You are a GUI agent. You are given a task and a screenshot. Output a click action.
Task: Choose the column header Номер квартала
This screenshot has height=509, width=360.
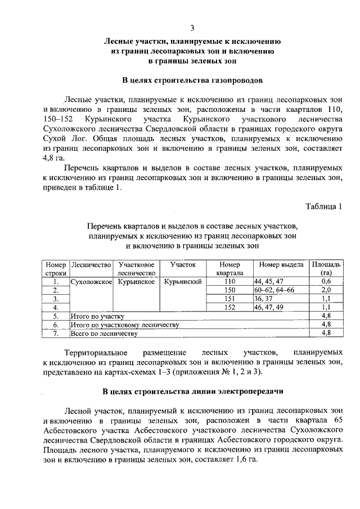[x=230, y=268]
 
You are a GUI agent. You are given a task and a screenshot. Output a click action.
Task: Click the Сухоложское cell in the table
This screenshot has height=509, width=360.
[x=91, y=281]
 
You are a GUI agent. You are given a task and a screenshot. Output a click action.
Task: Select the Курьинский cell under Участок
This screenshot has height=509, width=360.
[x=183, y=281]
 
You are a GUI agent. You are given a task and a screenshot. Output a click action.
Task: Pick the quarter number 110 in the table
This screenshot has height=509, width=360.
[x=230, y=281]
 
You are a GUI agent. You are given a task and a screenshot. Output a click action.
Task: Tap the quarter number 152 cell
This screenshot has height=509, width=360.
[x=230, y=308]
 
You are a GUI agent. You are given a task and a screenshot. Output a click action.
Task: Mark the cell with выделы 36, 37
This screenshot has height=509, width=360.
[x=263, y=299]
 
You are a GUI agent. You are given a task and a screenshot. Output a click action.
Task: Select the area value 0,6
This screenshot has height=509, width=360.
[x=326, y=281]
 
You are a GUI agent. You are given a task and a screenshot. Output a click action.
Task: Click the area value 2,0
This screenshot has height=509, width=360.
[x=326, y=290]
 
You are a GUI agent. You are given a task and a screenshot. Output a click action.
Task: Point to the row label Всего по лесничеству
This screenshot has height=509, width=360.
[x=103, y=334]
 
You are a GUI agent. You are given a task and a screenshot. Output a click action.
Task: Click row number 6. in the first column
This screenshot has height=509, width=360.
[x=55, y=325]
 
